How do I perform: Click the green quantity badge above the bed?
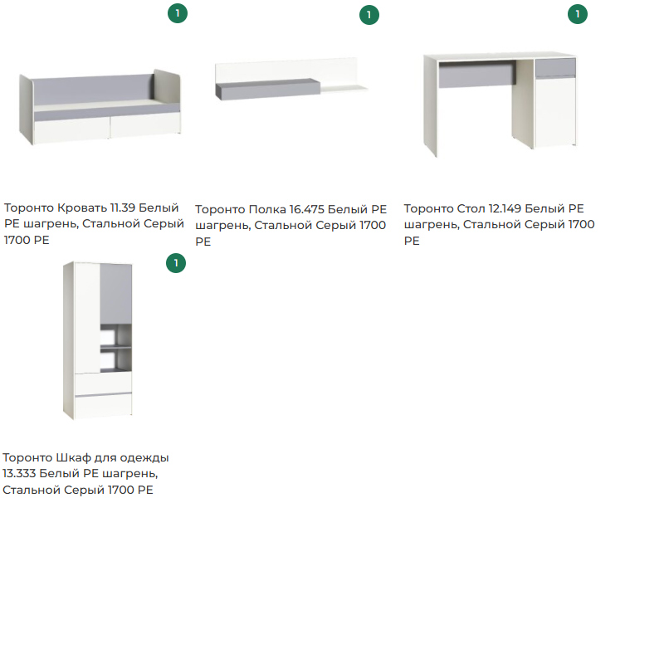tap(178, 13)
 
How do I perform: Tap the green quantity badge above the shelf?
tap(369, 15)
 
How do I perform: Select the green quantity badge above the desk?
tap(578, 14)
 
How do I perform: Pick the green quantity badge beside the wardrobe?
tap(176, 263)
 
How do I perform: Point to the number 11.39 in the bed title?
tap(123, 208)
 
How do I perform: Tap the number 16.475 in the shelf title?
tap(306, 210)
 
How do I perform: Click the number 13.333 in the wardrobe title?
tap(19, 473)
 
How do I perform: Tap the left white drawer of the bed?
tap(71, 132)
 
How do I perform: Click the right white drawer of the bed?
tap(146, 125)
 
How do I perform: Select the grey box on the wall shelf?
tap(268, 90)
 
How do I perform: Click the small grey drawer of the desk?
tap(555, 68)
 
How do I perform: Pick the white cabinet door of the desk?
tap(555, 111)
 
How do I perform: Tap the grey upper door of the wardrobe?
tap(115, 294)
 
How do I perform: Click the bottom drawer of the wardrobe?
tap(103, 406)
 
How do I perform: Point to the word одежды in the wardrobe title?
tap(144, 458)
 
